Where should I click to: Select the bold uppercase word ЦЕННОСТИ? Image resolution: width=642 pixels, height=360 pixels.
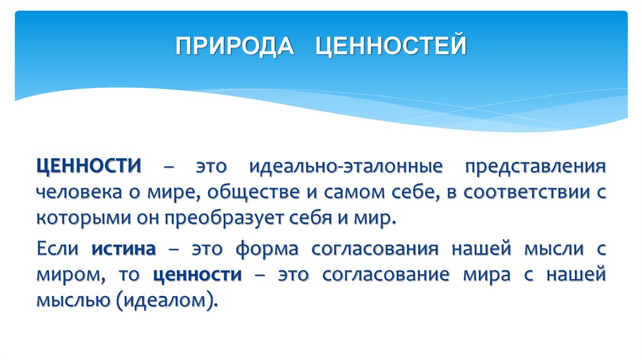point(88,167)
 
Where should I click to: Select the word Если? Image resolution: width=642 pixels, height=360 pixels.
point(57,249)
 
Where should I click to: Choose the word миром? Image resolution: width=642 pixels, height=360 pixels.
point(65,275)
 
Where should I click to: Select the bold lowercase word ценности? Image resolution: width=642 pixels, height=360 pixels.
point(197,275)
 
